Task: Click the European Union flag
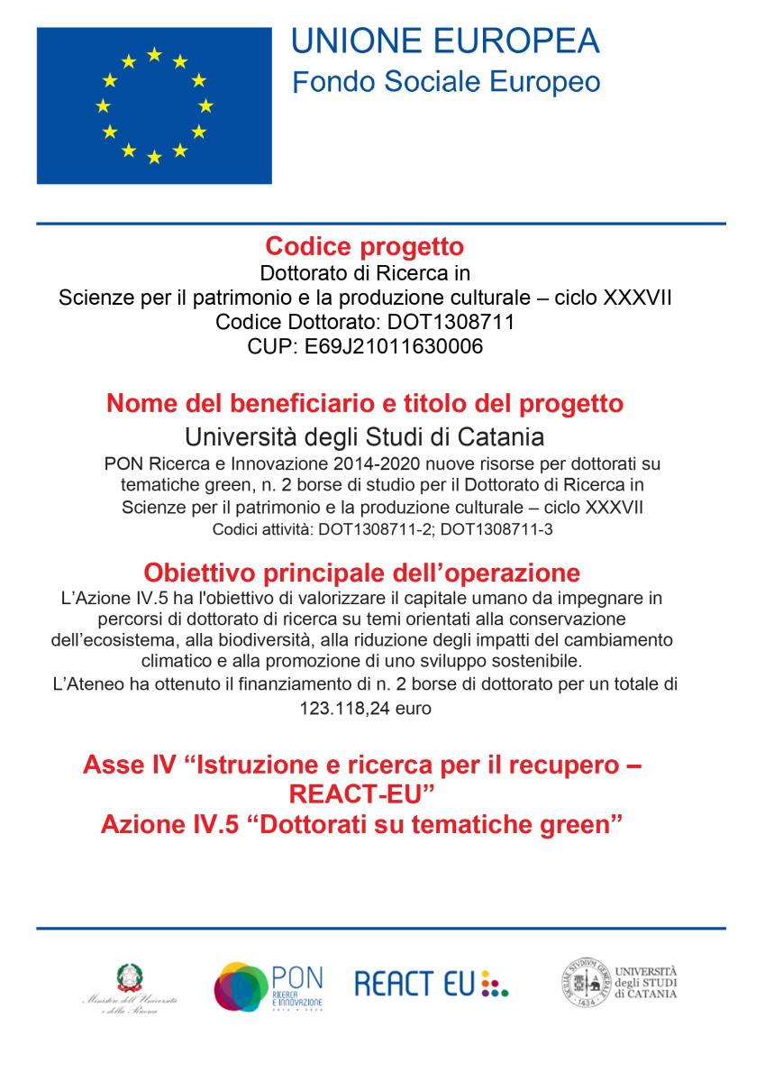[x=154, y=105]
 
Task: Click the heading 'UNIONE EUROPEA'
[x=445, y=41]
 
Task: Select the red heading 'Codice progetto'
[x=365, y=247]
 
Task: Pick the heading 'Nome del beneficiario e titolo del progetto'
[x=365, y=403]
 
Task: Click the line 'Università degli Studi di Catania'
[x=365, y=438]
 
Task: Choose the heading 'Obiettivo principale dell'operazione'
[x=361, y=573]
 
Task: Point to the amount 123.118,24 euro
[x=365, y=709]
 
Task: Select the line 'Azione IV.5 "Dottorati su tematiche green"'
[x=363, y=824]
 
